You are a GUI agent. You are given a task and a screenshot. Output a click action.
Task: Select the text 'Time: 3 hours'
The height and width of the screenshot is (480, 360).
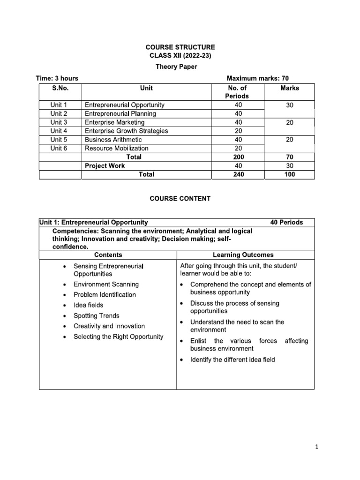coord(57,78)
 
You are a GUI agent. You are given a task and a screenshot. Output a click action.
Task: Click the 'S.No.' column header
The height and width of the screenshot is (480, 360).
coord(60,88)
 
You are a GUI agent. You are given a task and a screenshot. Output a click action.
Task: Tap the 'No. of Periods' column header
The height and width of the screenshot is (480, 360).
coord(238,92)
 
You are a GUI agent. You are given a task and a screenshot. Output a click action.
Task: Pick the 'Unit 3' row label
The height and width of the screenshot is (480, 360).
coord(59,122)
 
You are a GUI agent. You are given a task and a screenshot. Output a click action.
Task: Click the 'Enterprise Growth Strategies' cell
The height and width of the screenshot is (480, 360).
coord(126,131)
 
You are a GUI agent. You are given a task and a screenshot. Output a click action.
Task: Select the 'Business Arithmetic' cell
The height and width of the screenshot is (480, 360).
coord(113,140)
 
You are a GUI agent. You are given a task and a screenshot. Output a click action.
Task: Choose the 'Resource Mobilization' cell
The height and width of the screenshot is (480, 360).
coord(116,148)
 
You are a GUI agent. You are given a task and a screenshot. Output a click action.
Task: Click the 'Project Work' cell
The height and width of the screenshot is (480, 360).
coord(105,165)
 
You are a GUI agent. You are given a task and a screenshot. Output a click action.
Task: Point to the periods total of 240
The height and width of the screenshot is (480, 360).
coord(238,174)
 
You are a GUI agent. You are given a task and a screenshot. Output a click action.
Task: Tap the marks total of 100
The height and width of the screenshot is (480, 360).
coord(289,174)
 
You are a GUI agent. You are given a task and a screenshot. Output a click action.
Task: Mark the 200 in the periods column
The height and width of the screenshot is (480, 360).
coord(238,157)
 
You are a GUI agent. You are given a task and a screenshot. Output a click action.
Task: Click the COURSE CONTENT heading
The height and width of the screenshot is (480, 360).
coord(180,199)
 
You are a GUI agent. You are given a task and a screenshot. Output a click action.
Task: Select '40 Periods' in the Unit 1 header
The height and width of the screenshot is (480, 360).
coord(286,222)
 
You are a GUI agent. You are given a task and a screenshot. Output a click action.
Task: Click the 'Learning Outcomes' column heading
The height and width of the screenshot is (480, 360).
coord(243,255)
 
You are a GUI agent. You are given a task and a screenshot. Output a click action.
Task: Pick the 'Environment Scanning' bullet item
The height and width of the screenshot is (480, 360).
coord(106,284)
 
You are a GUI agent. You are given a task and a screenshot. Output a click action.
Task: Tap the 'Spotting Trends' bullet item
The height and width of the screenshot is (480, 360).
coord(96,315)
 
